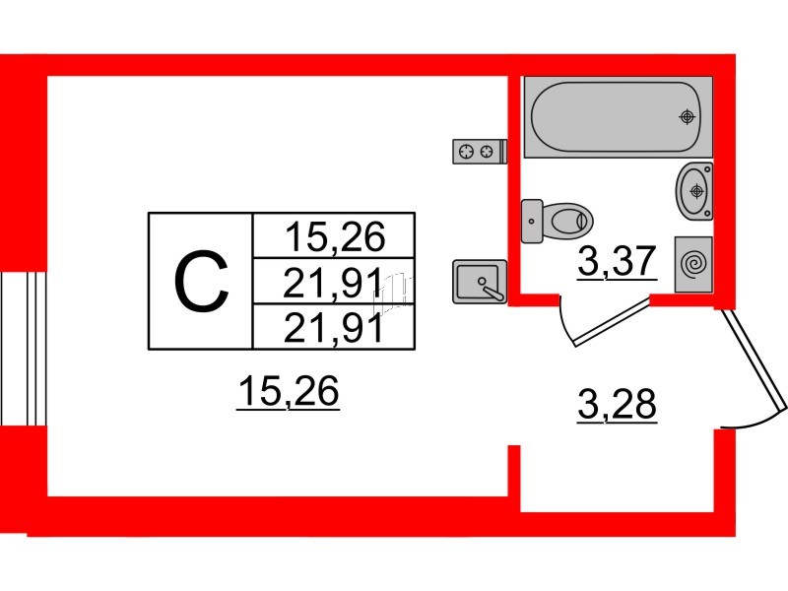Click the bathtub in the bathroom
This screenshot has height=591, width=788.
(619, 116)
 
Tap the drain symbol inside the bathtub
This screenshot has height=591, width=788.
(687, 116)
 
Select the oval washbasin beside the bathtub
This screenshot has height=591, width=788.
(694, 191)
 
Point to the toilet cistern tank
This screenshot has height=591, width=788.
(532, 221)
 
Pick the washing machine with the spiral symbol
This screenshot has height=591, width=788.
(693, 264)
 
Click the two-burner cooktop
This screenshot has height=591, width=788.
(480, 152)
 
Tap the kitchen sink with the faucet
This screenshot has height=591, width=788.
(480, 282)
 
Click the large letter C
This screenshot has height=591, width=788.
(201, 282)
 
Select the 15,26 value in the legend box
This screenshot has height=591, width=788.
(335, 236)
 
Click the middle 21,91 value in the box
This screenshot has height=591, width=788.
(333, 283)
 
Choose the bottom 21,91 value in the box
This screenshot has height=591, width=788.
(334, 328)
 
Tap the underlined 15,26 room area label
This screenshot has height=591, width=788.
(289, 391)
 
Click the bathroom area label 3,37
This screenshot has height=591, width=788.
(618, 261)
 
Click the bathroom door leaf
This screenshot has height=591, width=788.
(613, 322)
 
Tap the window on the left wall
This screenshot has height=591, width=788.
(24, 349)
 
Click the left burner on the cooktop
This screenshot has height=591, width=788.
(467, 152)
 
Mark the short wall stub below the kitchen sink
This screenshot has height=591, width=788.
(513, 471)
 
